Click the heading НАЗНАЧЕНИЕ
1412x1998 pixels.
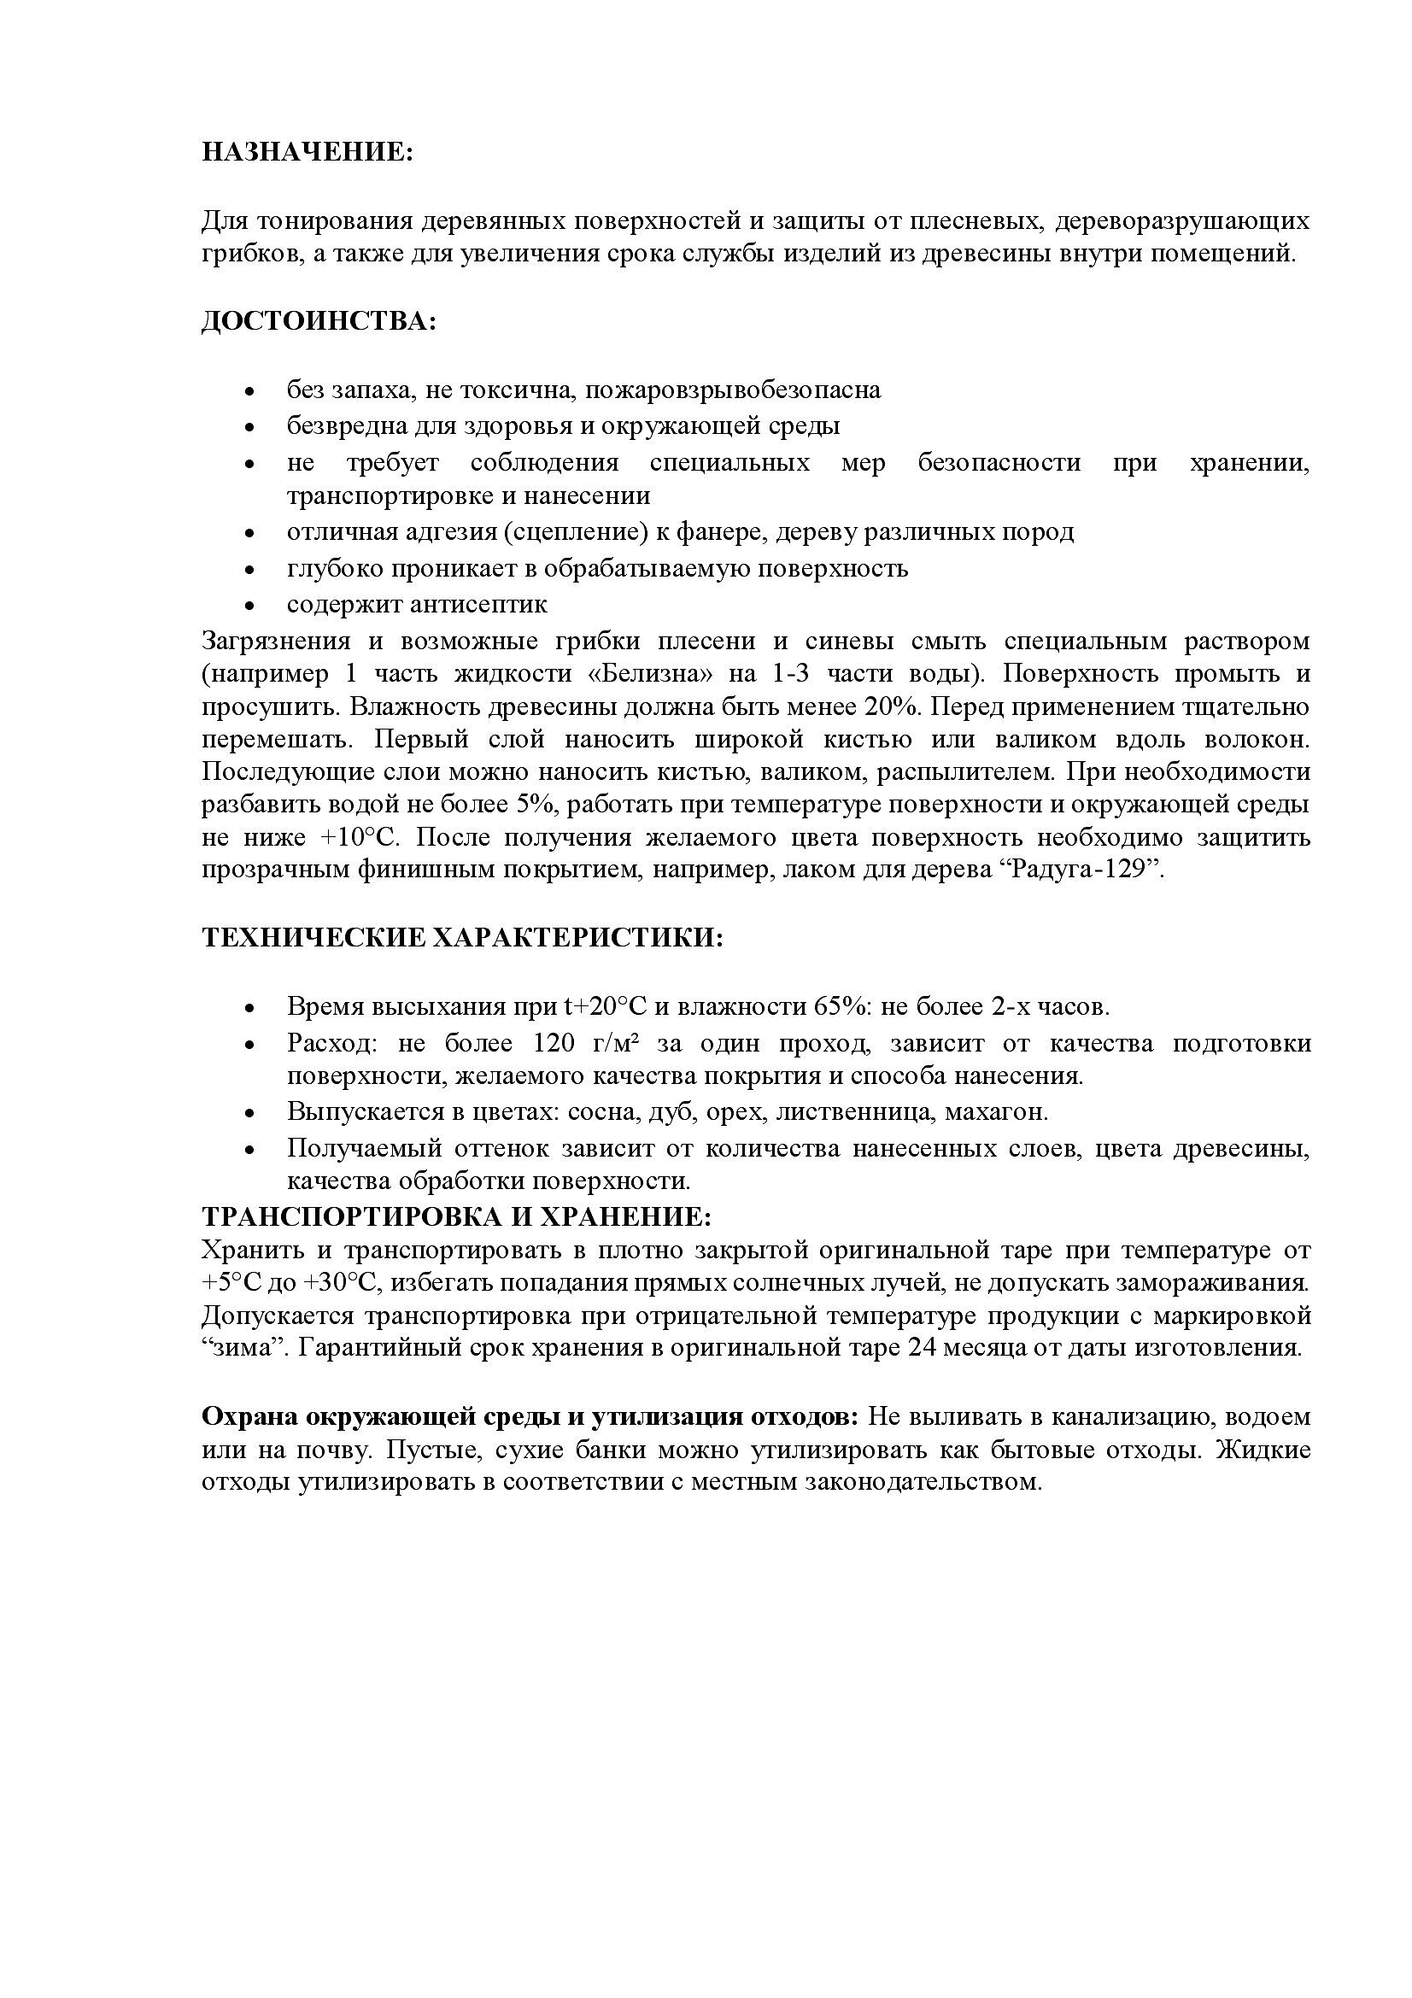(308, 152)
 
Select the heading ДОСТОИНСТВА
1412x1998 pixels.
(319, 321)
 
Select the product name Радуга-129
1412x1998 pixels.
(1087, 870)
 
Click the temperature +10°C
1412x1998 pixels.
(360, 837)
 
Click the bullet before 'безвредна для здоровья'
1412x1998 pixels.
(250, 428)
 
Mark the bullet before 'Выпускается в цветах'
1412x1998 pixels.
(250, 1114)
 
